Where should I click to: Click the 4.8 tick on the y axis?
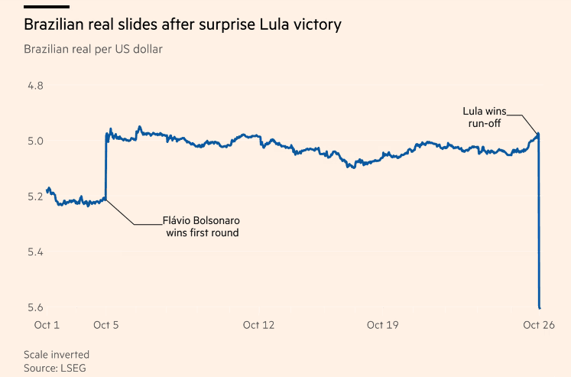(35, 86)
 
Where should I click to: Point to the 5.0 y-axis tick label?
(35, 141)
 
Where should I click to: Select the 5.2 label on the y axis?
(35, 197)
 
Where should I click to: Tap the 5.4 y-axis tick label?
(35, 252)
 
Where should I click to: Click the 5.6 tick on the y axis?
(35, 307)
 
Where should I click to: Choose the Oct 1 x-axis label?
(47, 325)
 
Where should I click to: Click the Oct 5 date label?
(106, 325)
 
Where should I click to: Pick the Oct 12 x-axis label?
(258, 325)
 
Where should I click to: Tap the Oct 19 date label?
(383, 325)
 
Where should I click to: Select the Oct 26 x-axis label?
(539, 325)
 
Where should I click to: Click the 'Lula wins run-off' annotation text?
(485, 117)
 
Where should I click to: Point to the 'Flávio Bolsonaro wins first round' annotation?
(201, 226)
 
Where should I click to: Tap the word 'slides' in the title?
(138, 24)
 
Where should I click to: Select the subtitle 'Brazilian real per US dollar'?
(93, 49)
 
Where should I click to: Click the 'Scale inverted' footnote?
(57, 354)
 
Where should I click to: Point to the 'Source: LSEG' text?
(55, 368)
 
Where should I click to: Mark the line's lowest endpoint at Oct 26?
(540, 308)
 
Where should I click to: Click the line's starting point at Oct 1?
(47, 190)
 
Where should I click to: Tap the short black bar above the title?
(47, 7)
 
